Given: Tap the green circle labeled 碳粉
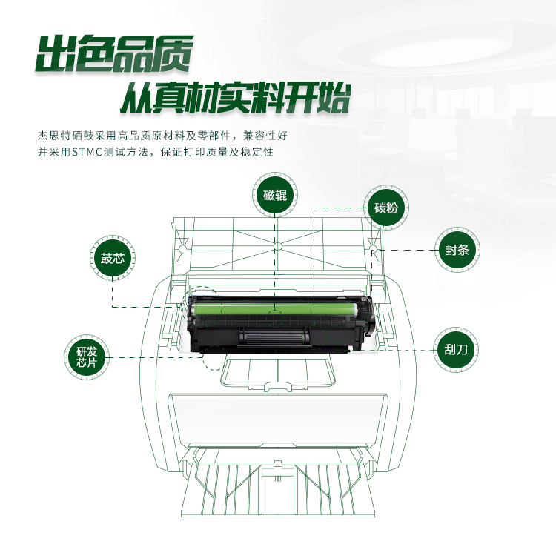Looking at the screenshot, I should [x=385, y=208].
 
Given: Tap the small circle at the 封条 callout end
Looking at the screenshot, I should [x=374, y=251].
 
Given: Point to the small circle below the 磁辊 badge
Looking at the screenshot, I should [x=277, y=244].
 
